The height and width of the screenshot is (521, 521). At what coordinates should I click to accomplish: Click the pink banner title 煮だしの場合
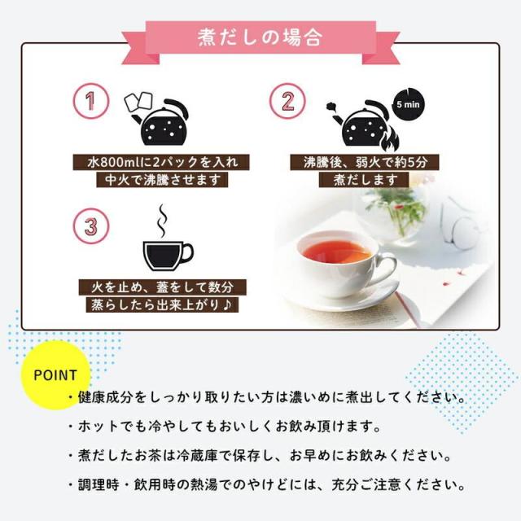pos(260,37)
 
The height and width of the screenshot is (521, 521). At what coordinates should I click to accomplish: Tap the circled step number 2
pos(287,102)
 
